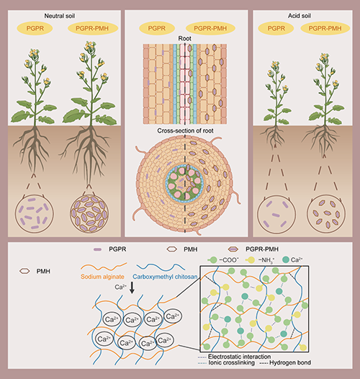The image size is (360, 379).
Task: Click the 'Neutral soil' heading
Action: [60, 16]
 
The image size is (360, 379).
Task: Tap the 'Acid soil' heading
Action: [300, 16]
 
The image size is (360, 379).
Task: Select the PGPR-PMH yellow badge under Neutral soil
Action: [92, 28]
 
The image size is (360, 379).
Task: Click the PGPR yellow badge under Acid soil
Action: [276, 28]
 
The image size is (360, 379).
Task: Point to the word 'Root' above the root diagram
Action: [184, 38]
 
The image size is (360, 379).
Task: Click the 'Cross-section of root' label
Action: [185, 130]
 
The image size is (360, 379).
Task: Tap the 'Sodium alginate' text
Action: [102, 277]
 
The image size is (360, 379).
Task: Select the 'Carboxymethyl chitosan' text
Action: [165, 277]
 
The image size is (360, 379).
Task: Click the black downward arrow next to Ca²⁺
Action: [132, 287]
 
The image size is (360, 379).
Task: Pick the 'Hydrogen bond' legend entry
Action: [285, 363]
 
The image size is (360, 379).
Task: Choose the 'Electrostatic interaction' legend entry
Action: [235, 357]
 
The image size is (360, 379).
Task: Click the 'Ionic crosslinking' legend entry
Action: [226, 363]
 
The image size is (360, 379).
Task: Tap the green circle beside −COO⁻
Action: [213, 260]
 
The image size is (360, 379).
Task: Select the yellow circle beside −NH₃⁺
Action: [251, 260]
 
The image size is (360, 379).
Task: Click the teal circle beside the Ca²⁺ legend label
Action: [286, 260]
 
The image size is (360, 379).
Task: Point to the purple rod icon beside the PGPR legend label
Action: [97, 249]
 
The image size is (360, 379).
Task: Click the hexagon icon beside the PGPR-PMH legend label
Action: [233, 249]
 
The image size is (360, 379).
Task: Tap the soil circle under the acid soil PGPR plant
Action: [276, 215]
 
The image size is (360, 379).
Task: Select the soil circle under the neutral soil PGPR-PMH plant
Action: [89, 214]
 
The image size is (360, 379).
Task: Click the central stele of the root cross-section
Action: [184, 183]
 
